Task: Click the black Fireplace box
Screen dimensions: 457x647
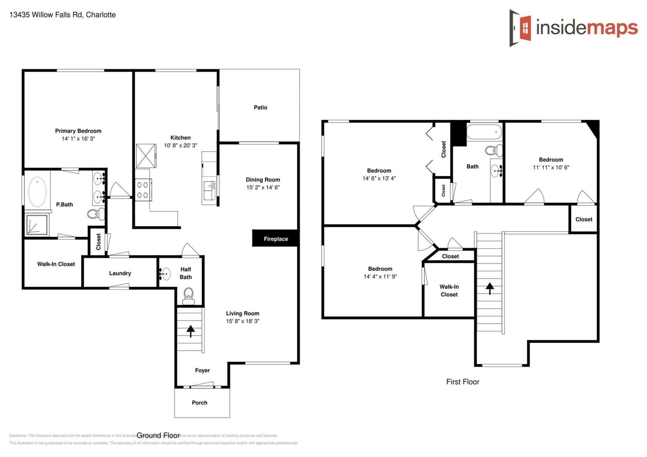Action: [x=275, y=239]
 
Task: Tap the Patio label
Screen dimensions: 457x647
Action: [x=260, y=108]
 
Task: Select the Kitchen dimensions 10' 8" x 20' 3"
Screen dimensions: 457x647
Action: [x=180, y=146]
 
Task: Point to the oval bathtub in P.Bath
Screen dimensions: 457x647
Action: [x=37, y=191]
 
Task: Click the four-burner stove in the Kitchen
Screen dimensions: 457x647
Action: [x=143, y=190]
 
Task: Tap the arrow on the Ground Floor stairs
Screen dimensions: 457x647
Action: [x=190, y=331]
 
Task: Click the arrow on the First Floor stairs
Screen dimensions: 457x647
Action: [x=489, y=288]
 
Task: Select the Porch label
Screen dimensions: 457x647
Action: [x=199, y=403]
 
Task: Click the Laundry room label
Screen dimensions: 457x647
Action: [x=120, y=273]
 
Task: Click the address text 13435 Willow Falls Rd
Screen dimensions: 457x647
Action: [x=62, y=15]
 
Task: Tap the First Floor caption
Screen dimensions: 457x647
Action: [x=462, y=382]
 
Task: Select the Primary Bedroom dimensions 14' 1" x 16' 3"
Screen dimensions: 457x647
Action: [x=78, y=139]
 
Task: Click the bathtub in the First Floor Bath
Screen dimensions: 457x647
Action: [x=484, y=132]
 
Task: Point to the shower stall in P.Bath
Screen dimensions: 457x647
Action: [x=37, y=224]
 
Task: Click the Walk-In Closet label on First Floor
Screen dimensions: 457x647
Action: [x=449, y=291]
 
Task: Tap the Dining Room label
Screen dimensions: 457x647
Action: [x=263, y=180]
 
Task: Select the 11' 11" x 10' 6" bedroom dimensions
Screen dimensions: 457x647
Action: [x=551, y=167]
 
